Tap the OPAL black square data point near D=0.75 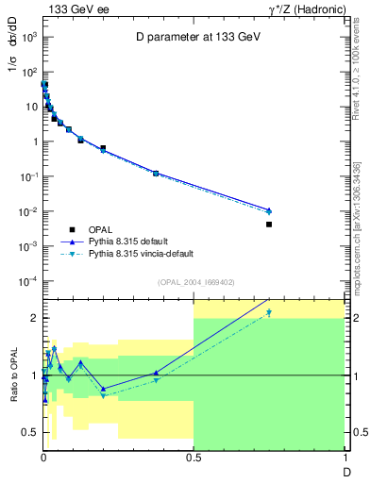[269, 225]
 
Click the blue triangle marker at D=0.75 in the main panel [269, 209]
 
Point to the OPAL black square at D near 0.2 [103, 148]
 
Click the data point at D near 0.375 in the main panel [156, 174]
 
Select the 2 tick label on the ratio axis [32, 318]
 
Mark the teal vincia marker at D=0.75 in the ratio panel [269, 312]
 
